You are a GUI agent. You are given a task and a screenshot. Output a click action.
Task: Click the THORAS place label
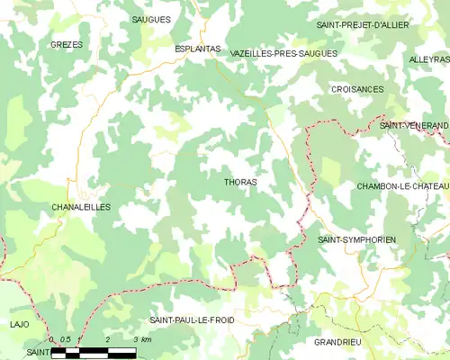pos(239,182)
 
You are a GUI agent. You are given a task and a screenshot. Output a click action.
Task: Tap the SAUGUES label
pos(150,19)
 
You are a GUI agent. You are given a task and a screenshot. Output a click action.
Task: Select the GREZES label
pos(66,44)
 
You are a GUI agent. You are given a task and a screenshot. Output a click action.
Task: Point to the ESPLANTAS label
pos(196,49)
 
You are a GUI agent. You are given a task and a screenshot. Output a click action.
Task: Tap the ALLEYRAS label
pos(427,59)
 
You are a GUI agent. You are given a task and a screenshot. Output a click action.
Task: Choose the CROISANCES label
pos(357,89)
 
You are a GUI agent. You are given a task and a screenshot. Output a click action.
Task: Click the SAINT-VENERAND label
pos(413,125)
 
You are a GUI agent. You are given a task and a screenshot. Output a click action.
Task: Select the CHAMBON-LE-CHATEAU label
pos(401,185)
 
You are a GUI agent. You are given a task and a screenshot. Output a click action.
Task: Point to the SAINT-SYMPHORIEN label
pos(357,240)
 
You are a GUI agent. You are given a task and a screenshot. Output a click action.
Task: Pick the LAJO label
pos(19,323)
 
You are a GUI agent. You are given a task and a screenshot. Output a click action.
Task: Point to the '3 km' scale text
pos(142,339)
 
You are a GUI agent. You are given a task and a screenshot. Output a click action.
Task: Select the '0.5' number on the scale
pos(65,339)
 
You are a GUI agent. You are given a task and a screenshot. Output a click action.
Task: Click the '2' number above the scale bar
pos(107,339)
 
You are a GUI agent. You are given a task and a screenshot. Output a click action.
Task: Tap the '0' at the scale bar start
pos(52,339)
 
